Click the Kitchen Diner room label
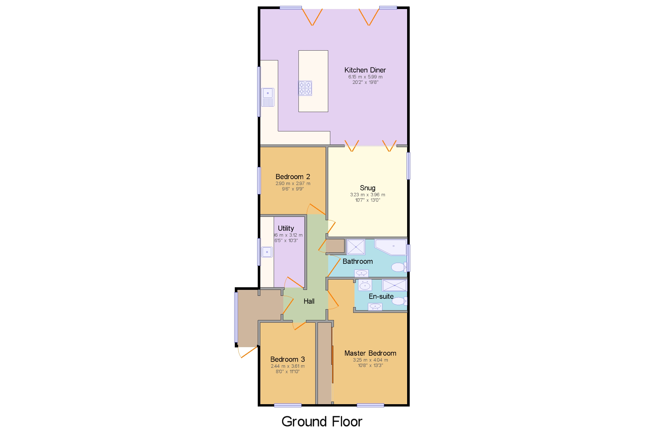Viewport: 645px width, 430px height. (x=365, y=70)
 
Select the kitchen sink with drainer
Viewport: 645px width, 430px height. (x=268, y=97)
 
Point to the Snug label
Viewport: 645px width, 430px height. (x=367, y=188)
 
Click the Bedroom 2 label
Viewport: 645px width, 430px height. (x=293, y=177)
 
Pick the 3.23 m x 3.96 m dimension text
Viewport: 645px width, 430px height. (x=367, y=195)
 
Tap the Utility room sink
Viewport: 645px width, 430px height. (x=267, y=252)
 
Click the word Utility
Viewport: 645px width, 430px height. (x=286, y=228)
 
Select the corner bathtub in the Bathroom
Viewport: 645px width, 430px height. (x=391, y=247)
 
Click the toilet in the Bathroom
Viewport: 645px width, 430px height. (x=399, y=267)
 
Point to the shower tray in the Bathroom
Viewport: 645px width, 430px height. (x=356, y=247)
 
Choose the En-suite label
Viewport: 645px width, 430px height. (x=381, y=297)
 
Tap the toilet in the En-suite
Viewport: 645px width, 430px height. (x=399, y=301)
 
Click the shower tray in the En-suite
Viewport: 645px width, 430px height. (x=394, y=285)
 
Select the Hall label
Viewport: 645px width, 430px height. (x=309, y=301)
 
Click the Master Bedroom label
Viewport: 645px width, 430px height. (x=370, y=353)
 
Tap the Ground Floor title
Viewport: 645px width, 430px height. (x=322, y=421)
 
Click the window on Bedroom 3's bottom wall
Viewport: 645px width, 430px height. (x=288, y=405)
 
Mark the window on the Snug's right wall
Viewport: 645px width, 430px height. (x=408, y=166)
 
